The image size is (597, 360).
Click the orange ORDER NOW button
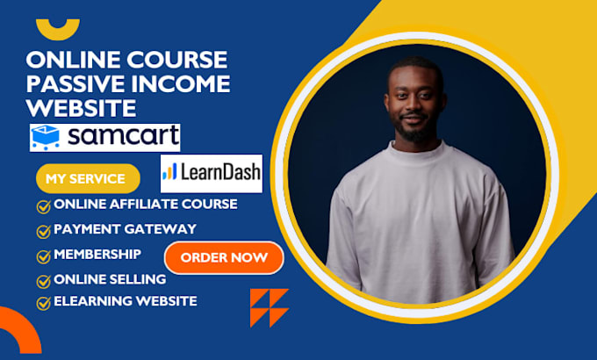pos(224,258)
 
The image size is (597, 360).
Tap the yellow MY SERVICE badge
pos(88,178)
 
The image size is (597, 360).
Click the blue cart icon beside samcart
pos(46,137)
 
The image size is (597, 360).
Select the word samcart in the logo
pos(123,135)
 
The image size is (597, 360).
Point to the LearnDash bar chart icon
pos(169,171)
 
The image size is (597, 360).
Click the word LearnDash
pos(220,172)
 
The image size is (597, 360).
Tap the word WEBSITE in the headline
pos(81,108)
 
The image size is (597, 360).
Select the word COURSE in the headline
pos(177,60)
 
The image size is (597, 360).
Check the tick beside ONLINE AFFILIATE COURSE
pos(43,207)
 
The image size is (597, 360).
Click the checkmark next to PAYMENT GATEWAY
pos(43,231)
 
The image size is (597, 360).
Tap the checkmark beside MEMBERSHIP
pos(43,256)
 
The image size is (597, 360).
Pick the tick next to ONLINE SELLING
pos(43,282)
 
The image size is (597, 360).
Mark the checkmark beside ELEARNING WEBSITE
pos(43,304)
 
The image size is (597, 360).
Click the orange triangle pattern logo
pos(270,308)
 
